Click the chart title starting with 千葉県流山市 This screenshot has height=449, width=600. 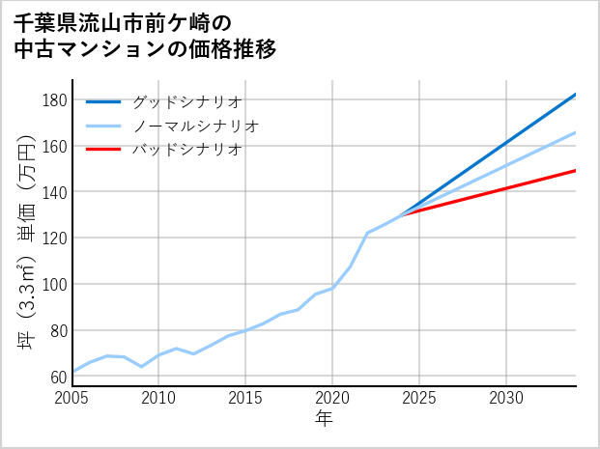point(145,36)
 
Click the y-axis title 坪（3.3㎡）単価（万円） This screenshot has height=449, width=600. point(28,241)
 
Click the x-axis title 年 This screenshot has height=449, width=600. point(325,418)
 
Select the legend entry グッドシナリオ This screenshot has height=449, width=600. point(186,101)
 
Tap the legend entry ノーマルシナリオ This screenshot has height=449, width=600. point(195,126)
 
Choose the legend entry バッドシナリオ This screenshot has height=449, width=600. point(186,150)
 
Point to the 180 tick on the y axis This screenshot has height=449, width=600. point(55,100)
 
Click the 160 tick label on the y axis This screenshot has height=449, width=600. point(55,146)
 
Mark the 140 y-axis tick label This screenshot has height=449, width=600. point(55,192)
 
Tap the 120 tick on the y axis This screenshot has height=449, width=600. point(55,238)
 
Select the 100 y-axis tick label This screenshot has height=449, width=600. point(55,284)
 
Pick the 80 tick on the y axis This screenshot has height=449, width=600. point(59,330)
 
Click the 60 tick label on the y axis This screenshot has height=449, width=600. point(59,377)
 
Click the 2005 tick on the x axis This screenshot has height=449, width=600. point(72,398)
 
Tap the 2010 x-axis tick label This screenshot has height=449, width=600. point(159,398)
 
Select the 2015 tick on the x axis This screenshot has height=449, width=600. point(246,398)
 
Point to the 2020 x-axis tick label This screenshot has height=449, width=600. point(332,398)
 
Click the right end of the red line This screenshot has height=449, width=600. point(576,170)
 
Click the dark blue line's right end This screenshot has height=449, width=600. point(576,95)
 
